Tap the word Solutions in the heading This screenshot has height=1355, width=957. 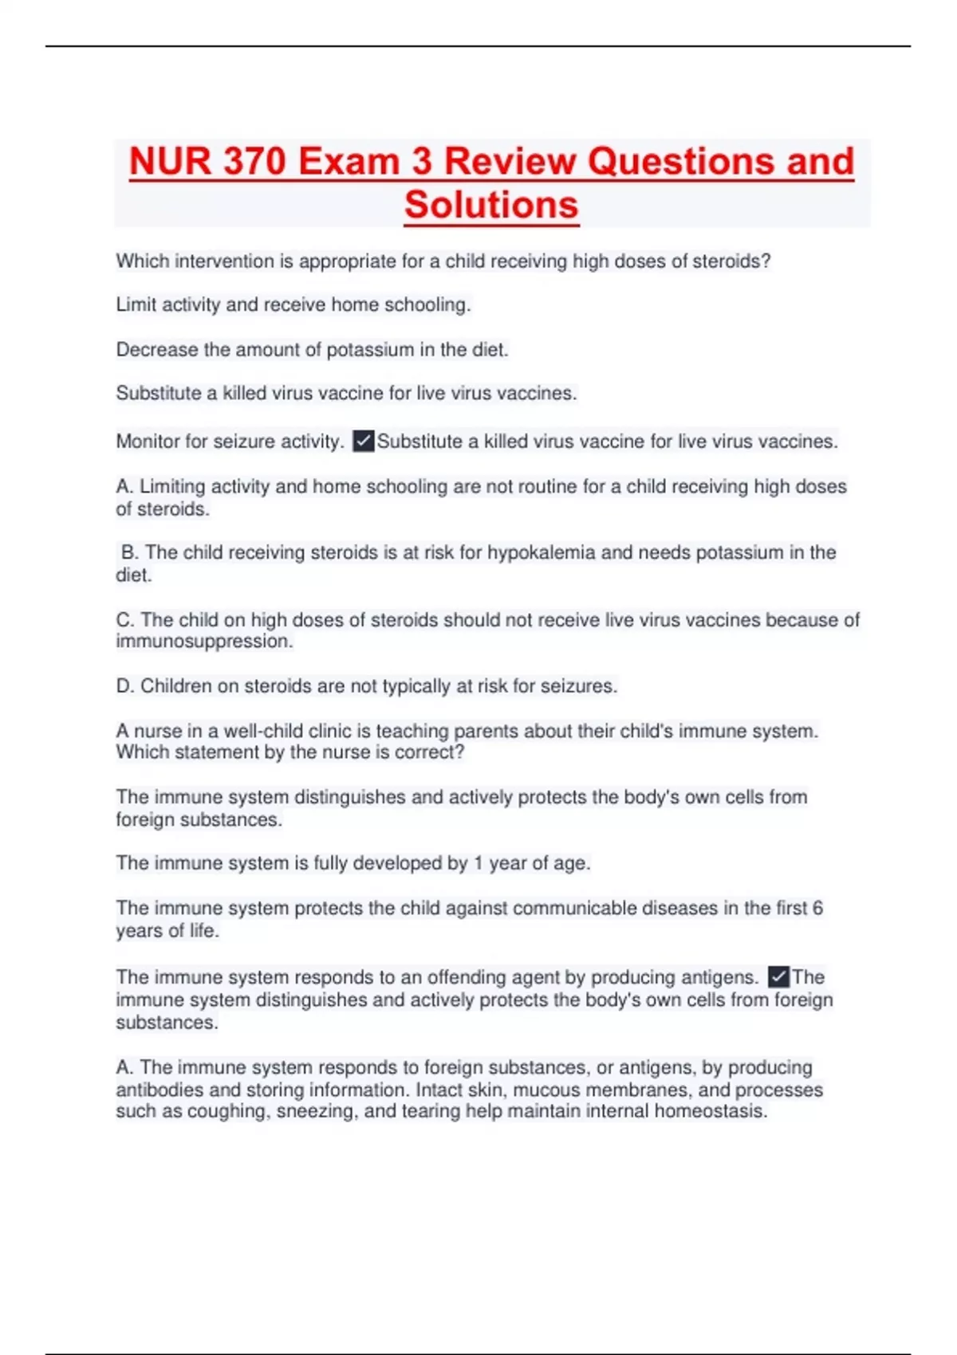click(x=491, y=205)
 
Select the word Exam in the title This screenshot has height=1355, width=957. click(x=348, y=162)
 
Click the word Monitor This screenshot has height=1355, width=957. click(x=148, y=442)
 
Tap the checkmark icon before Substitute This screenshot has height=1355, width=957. click(x=364, y=441)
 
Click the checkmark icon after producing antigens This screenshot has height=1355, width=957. click(x=778, y=976)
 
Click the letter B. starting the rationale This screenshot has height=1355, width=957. click(x=130, y=553)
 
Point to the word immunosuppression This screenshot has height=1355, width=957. click(x=203, y=642)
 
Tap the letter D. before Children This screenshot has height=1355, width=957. click(x=125, y=686)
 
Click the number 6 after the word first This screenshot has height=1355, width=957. click(x=817, y=909)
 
